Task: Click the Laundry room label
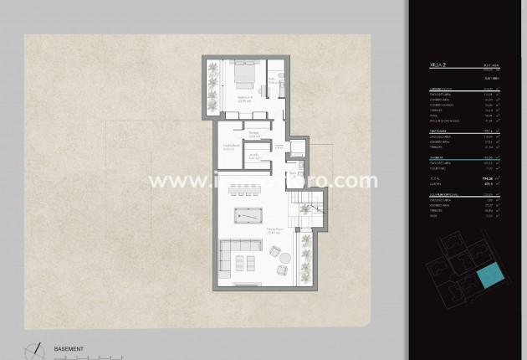coord(252,157)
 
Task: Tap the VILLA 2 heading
coord(437,64)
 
